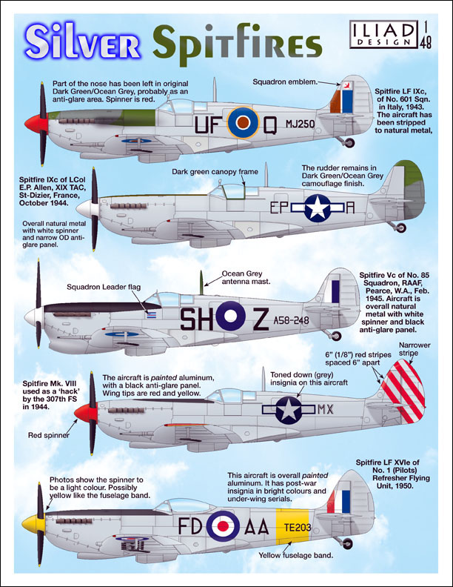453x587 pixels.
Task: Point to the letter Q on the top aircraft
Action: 273,123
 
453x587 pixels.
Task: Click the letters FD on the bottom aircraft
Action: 189,526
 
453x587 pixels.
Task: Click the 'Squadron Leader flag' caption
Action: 100,286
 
